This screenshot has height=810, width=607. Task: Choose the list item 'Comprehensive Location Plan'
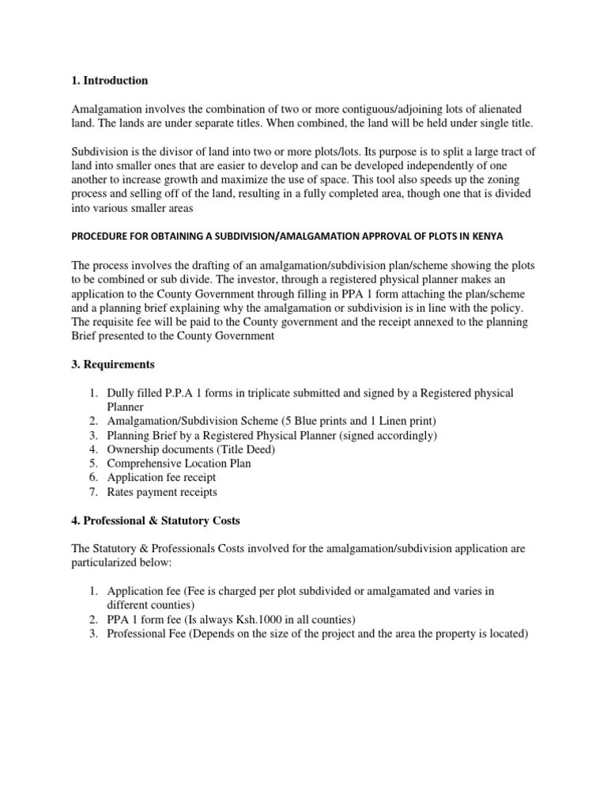(179, 464)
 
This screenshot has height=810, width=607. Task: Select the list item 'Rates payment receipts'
(162, 492)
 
